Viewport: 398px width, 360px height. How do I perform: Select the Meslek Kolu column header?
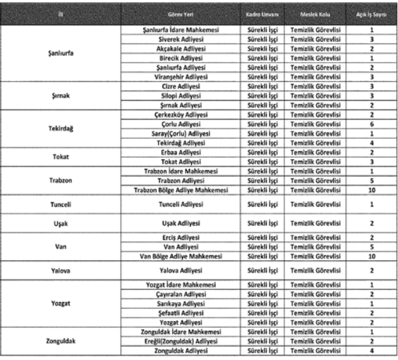pos(315,13)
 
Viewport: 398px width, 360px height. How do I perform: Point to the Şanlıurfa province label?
pos(61,53)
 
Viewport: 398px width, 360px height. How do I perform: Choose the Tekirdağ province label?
pos(61,129)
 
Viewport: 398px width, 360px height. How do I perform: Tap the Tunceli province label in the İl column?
pos(61,204)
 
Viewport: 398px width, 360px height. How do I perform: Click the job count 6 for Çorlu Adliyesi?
pos(371,124)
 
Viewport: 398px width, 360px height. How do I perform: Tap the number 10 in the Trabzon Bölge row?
pos(371,190)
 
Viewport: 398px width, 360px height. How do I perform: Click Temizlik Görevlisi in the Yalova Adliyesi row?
pos(315,270)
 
